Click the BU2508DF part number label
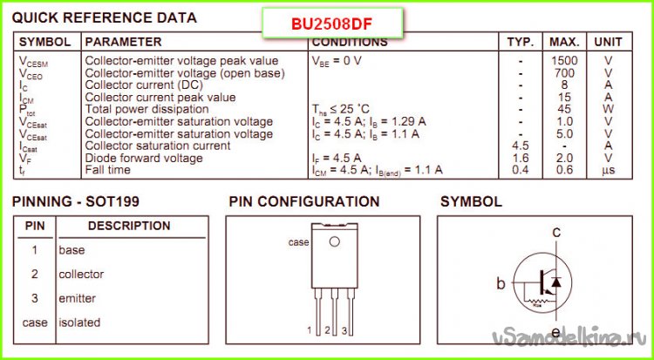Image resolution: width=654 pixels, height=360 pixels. coord(332,23)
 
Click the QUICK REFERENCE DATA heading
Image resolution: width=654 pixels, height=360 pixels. coord(105,17)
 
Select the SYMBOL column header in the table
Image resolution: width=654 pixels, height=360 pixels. coord(45,42)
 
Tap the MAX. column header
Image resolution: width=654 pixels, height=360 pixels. coord(564,42)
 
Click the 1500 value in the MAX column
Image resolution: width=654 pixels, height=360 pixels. coord(564,61)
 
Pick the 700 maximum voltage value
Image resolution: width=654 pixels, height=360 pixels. coord(564,73)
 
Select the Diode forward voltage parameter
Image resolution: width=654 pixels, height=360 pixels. coord(144,158)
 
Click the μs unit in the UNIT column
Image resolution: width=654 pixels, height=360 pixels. coord(608,170)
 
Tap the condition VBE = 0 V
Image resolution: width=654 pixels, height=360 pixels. coord(336,61)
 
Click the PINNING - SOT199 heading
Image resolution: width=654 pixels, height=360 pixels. coord(76,202)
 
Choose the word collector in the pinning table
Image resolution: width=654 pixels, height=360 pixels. coord(81,274)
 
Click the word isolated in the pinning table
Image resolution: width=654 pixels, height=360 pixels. coord(79,323)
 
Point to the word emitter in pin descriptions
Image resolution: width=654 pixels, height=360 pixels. coord(78,298)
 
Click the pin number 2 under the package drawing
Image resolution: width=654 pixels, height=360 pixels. coord(327,331)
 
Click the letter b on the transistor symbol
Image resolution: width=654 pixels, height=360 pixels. coord(501,283)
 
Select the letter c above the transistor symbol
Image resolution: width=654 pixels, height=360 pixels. coord(555,232)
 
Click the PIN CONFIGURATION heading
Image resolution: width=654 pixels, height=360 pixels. coord(304,202)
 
